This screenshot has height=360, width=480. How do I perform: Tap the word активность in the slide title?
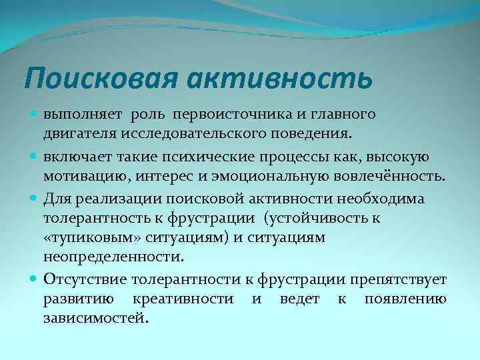point(279,79)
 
